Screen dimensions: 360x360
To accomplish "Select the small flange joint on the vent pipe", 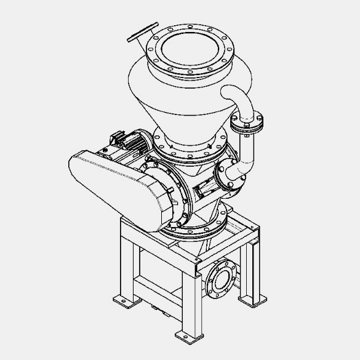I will [248, 123].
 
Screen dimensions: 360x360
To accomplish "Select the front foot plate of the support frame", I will [187, 335].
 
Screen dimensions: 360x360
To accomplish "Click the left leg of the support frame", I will [126, 265].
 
